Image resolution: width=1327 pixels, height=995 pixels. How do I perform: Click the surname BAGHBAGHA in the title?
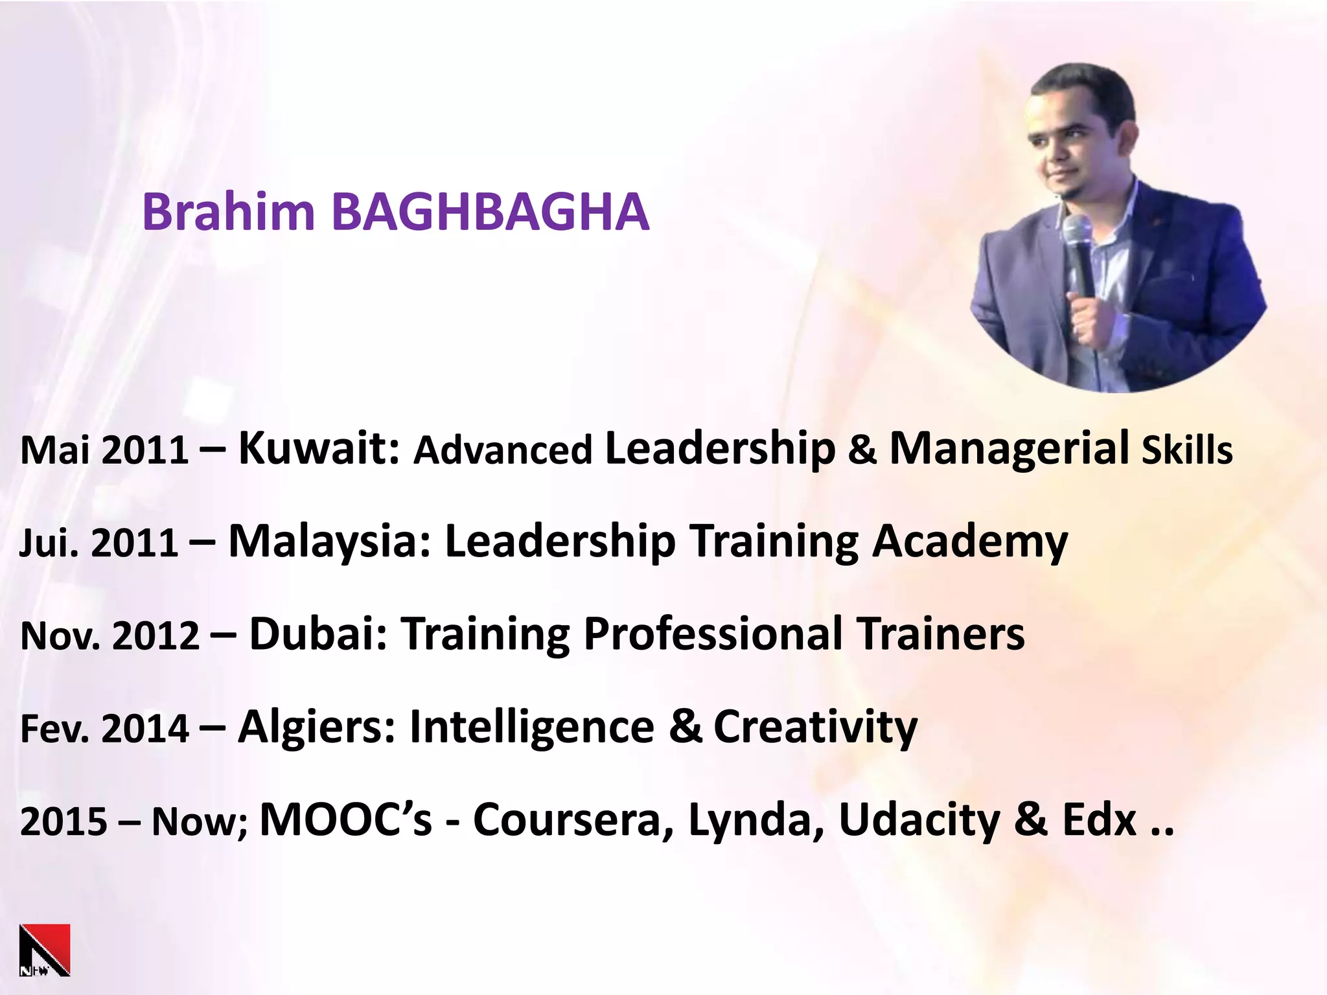click(x=490, y=212)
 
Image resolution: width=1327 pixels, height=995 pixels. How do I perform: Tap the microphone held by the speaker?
click(x=1078, y=253)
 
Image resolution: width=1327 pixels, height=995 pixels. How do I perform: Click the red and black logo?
click(x=45, y=950)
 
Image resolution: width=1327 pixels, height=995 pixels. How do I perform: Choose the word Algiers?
click(x=316, y=727)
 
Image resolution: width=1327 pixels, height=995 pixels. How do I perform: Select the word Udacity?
click(x=919, y=820)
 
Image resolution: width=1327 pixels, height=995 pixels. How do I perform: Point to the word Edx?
click(x=1100, y=820)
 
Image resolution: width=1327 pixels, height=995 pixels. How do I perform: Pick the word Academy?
click(x=969, y=542)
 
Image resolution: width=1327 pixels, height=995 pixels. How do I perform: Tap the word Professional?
click(x=712, y=634)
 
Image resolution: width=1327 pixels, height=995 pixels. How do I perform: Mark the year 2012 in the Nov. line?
click(x=156, y=636)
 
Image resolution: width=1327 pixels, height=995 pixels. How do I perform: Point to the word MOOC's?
click(x=345, y=820)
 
